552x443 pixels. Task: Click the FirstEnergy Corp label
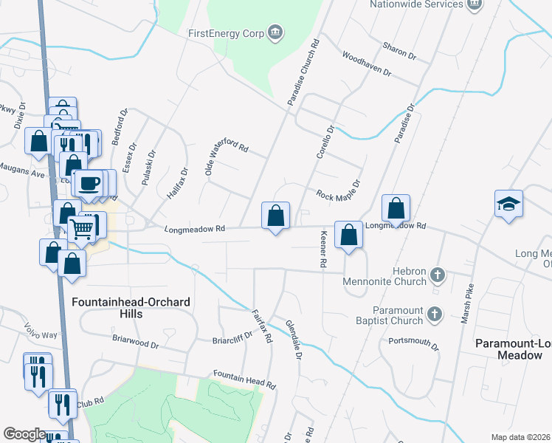tap(227, 32)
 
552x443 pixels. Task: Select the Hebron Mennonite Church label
tap(390, 276)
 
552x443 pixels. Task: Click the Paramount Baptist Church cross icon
tap(435, 313)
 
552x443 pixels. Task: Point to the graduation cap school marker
tap(508, 203)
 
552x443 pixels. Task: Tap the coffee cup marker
tap(89, 182)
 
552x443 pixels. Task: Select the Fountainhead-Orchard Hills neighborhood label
tap(120, 308)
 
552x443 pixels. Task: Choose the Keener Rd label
tap(322, 248)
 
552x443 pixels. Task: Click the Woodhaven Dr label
tap(367, 65)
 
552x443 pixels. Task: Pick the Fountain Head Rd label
tap(244, 380)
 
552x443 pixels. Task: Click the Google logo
tap(25, 434)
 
